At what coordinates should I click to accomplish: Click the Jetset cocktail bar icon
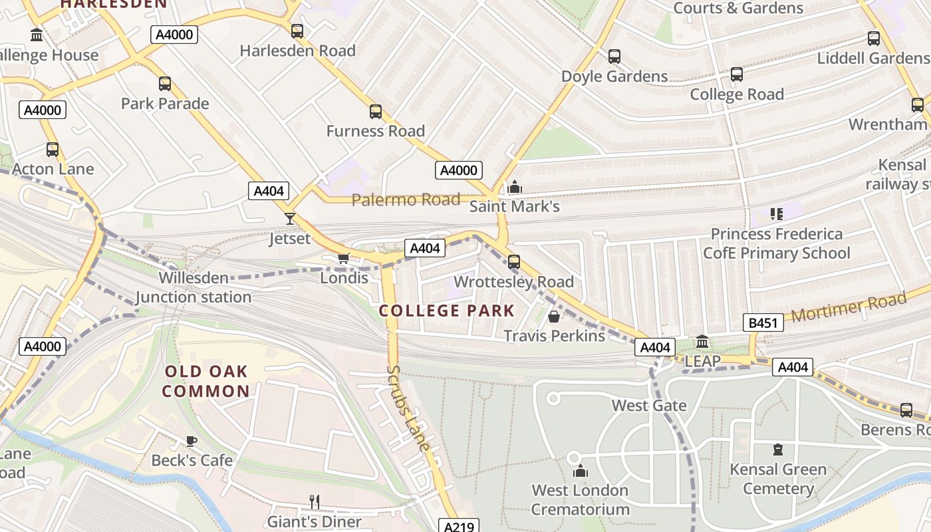pyautogui.click(x=289, y=217)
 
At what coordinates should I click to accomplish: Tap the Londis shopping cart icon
pyautogui.click(x=343, y=258)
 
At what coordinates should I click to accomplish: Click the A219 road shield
pyautogui.click(x=459, y=527)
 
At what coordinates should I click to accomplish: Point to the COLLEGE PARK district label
pyautogui.click(x=447, y=311)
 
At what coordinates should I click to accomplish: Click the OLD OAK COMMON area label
pyautogui.click(x=205, y=381)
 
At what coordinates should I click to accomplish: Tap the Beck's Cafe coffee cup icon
pyautogui.click(x=192, y=440)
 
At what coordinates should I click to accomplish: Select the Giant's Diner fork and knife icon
pyautogui.click(x=315, y=501)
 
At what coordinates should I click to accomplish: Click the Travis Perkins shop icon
pyautogui.click(x=553, y=316)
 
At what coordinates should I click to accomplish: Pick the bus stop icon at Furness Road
pyautogui.click(x=376, y=111)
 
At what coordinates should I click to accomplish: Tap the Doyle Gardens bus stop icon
pyautogui.click(x=614, y=57)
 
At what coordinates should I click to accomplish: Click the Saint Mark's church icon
pyautogui.click(x=514, y=187)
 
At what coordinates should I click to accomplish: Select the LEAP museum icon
pyautogui.click(x=702, y=342)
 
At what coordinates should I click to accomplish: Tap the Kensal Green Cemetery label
pyautogui.click(x=778, y=479)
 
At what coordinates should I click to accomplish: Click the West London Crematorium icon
pyautogui.click(x=581, y=471)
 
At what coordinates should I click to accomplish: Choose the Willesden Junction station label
pyautogui.click(x=194, y=287)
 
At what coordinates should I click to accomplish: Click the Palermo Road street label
pyautogui.click(x=406, y=199)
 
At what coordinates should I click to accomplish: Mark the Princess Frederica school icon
pyautogui.click(x=776, y=213)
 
